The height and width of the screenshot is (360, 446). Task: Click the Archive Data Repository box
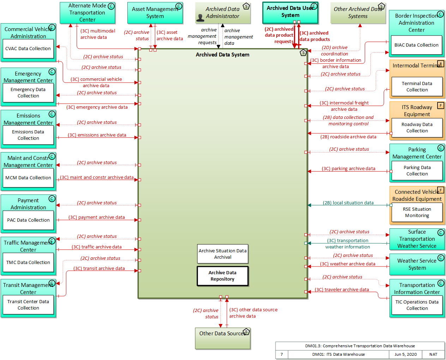(222, 276)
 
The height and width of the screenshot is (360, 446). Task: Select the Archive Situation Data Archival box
(222, 254)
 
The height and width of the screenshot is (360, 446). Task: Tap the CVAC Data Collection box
(28, 49)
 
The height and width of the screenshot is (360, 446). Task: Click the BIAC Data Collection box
(416, 45)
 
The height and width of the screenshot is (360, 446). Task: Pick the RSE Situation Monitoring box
(417, 212)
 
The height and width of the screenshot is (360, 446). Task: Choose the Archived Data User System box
(290, 12)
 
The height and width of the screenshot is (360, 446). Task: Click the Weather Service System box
(417, 264)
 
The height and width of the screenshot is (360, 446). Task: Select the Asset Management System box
(155, 13)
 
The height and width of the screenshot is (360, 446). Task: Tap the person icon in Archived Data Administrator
(200, 18)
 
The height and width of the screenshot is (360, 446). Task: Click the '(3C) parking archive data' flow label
(348, 169)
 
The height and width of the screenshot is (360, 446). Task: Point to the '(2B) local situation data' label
(348, 203)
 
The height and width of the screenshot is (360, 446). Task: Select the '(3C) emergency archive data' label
(97, 107)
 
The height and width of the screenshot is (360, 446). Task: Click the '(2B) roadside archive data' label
(348, 137)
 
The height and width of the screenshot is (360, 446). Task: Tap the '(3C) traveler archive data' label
(342, 290)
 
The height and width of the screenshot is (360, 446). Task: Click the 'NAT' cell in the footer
(433, 354)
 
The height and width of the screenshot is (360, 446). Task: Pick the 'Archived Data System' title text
(222, 55)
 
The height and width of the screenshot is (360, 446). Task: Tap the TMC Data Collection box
(28, 263)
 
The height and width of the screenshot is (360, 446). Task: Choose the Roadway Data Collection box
(417, 127)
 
